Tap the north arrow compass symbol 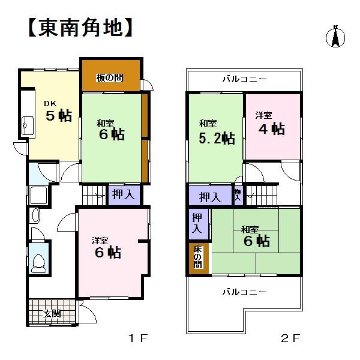[x=335, y=37]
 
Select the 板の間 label [x=110, y=77]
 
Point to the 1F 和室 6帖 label [x=110, y=130]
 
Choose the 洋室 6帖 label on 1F [x=107, y=248]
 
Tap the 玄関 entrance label [x=52, y=313]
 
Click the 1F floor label [x=137, y=338]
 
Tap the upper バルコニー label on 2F [x=244, y=79]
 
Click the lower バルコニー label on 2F [x=244, y=292]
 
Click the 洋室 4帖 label [x=269, y=124]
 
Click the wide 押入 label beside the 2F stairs [x=209, y=196]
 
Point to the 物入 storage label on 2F [x=238, y=194]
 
